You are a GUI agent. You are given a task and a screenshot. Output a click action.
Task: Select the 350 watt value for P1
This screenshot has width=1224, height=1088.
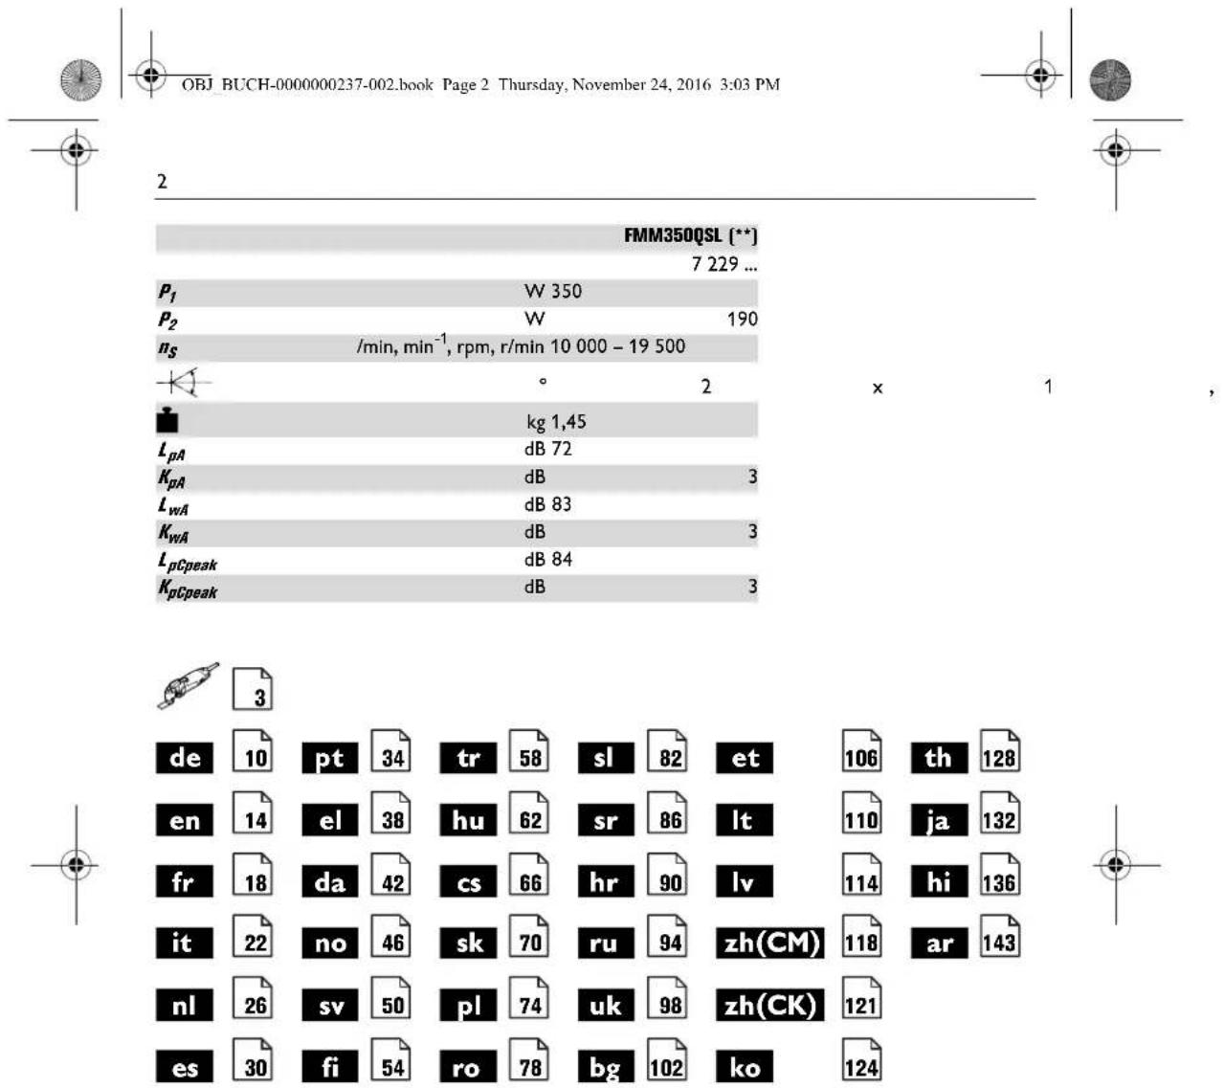click(553, 291)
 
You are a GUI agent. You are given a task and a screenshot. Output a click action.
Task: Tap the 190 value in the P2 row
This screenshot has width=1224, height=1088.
click(742, 319)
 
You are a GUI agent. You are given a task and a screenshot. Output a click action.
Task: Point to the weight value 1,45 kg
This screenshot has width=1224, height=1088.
click(556, 421)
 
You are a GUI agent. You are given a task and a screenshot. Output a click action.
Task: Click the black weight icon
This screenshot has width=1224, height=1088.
click(167, 420)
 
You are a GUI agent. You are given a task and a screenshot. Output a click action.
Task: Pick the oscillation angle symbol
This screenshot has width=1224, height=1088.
click(183, 384)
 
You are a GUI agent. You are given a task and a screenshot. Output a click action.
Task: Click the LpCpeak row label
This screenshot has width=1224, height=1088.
click(188, 562)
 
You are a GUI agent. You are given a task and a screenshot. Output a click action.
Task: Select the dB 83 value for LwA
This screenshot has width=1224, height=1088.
click(547, 504)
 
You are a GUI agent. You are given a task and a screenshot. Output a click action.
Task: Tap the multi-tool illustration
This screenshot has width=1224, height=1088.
click(188, 684)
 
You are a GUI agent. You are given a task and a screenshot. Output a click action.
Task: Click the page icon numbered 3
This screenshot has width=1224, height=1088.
click(253, 689)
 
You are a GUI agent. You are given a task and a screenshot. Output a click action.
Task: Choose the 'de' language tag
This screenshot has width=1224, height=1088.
click(185, 758)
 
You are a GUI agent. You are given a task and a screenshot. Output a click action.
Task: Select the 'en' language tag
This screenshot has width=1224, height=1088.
click(185, 820)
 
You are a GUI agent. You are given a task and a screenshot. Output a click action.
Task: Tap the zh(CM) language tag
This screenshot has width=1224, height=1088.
click(770, 944)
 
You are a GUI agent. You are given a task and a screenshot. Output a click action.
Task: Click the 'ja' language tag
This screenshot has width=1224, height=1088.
click(939, 820)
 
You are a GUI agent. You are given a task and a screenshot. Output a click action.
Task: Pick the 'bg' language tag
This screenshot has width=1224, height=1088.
click(606, 1067)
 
